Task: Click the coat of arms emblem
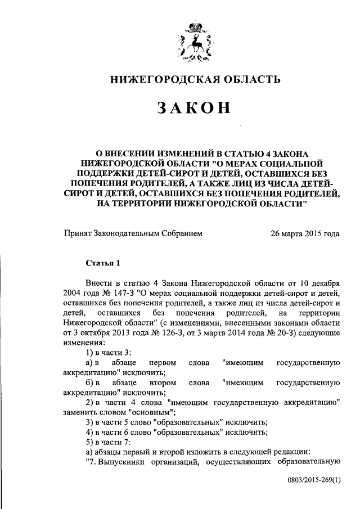(195, 42)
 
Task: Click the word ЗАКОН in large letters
(195, 107)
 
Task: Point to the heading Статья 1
(103, 263)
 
